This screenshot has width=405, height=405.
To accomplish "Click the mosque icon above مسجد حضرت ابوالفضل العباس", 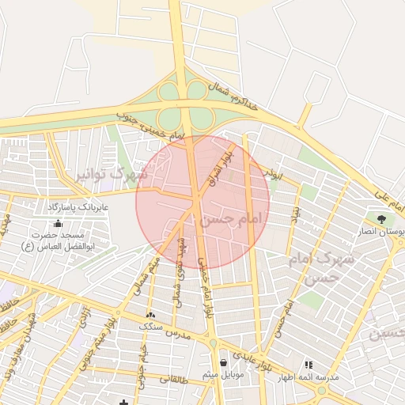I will (58, 224).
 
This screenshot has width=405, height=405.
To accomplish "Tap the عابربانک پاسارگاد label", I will (77, 206).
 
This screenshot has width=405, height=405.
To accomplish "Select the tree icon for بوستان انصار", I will (381, 219).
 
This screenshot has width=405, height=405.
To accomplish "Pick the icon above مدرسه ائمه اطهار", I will (308, 365).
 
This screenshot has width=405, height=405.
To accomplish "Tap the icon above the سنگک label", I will (150, 315).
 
